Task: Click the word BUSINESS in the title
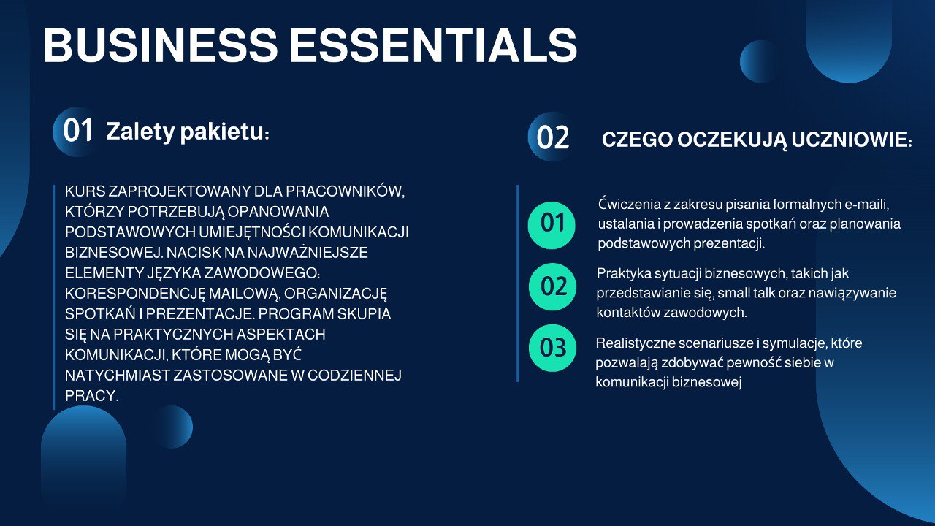[x=160, y=45]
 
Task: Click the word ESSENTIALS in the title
[x=434, y=45]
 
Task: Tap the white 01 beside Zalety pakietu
[x=77, y=130]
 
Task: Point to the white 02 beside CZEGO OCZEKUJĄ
[x=553, y=137]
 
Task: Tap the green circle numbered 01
[x=552, y=225]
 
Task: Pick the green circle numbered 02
[x=552, y=287]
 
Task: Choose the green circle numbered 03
[x=552, y=348]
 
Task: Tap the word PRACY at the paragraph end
[x=91, y=396]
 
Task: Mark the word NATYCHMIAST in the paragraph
[x=118, y=376]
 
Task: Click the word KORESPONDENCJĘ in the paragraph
[x=135, y=294]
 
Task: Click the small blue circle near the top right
[x=759, y=61]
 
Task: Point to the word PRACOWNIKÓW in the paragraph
[x=346, y=191]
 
